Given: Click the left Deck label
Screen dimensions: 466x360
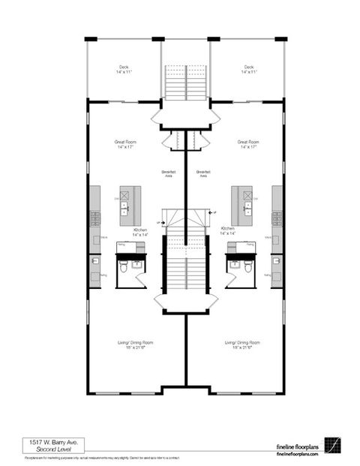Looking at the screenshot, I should pyautogui.click(x=123, y=69).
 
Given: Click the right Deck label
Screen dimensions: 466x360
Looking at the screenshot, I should pyautogui.click(x=249, y=69).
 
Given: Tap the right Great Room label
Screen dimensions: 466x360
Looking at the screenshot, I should pyautogui.click(x=248, y=144).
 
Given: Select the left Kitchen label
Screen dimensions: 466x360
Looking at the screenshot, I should pyautogui.click(x=141, y=232).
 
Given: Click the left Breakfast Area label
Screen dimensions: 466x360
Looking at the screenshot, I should pyautogui.click(x=169, y=175).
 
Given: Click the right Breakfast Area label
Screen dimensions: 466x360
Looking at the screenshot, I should pyautogui.click(x=202, y=175).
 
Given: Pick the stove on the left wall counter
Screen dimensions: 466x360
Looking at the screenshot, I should pyautogui.click(x=96, y=218).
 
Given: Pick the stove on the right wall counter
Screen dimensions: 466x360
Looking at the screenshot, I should pyautogui.click(x=277, y=218).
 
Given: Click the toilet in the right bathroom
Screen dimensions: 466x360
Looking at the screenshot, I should pyautogui.click(x=235, y=266).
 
